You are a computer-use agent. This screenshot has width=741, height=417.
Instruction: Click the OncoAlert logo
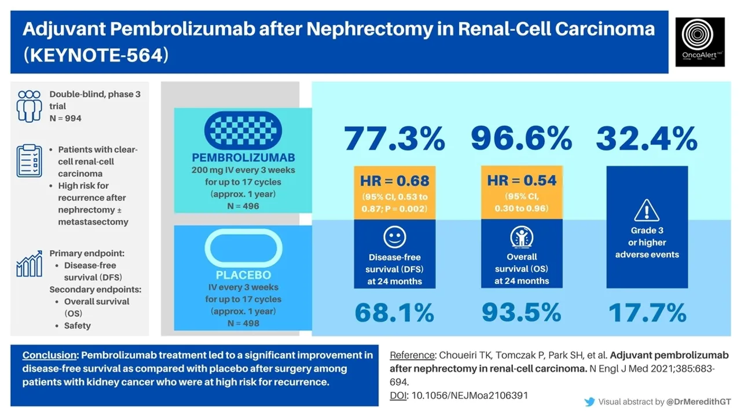pyautogui.click(x=700, y=41)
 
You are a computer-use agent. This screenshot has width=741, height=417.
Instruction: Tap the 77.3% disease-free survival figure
pyautogui.click(x=394, y=139)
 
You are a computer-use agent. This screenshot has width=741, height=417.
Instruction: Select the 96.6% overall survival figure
pyautogui.click(x=521, y=139)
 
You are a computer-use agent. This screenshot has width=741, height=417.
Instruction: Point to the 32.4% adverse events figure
pyautogui.click(x=647, y=139)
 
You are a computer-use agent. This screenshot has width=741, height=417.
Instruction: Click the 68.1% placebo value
pyautogui.click(x=394, y=313)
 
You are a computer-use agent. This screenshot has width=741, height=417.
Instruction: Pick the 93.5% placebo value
pyautogui.click(x=521, y=313)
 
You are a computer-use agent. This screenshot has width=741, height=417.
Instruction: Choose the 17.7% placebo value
pyautogui.click(x=647, y=313)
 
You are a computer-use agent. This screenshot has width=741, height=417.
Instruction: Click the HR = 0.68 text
pyautogui.click(x=394, y=180)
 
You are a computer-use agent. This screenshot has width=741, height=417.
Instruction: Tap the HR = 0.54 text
pyautogui.click(x=522, y=180)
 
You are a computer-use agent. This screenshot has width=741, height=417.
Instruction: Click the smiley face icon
pyautogui.click(x=394, y=236)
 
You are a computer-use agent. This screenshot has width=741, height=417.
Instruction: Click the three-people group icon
pyautogui.click(x=29, y=105)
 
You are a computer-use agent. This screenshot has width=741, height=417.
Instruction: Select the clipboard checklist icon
pyautogui.click(x=29, y=160)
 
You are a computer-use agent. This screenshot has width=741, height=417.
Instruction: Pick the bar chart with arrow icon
pyautogui.click(x=29, y=264)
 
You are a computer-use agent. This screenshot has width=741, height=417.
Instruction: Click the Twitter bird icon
pyautogui.click(x=589, y=401)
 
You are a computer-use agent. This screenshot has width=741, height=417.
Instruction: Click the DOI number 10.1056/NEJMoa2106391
pyautogui.click(x=469, y=395)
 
